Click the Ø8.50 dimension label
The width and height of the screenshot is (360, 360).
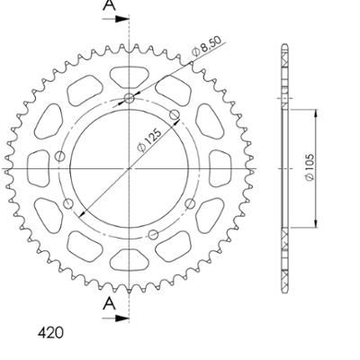tap(206, 46)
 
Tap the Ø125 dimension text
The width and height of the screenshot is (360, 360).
tap(149, 140)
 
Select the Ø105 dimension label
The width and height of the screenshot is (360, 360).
tap(310, 168)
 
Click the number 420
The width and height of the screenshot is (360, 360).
tap(51, 333)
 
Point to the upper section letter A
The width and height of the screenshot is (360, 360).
tap(109, 5)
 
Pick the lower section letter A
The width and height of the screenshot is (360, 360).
tap(109, 304)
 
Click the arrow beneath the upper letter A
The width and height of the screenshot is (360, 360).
tap(115, 19)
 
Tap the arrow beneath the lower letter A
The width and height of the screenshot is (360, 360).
tap(115, 319)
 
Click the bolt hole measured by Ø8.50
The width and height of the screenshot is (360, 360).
tap(129, 98)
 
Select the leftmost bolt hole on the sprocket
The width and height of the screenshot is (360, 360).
tap(60, 157)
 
